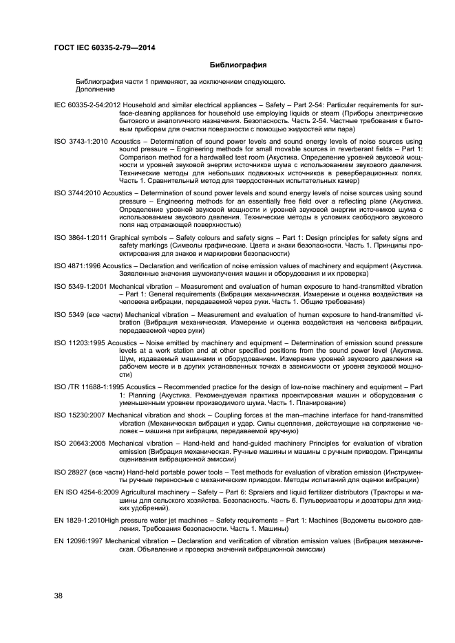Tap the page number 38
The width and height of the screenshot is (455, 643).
pyautogui.click(x=58, y=596)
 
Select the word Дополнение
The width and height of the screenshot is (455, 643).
pyautogui.click(x=96, y=89)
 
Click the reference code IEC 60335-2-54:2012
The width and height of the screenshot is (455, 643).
pyautogui.click(x=83, y=105)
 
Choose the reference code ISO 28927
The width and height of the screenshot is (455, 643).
pyautogui.click(x=69, y=472)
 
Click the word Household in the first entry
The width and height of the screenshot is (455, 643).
pyautogui.click(x=130, y=105)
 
